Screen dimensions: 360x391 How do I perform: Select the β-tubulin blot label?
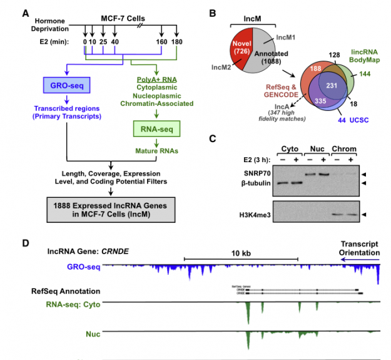pyautogui.click(x=256, y=182)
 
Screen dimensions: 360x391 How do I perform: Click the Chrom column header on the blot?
pyautogui.click(x=345, y=151)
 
